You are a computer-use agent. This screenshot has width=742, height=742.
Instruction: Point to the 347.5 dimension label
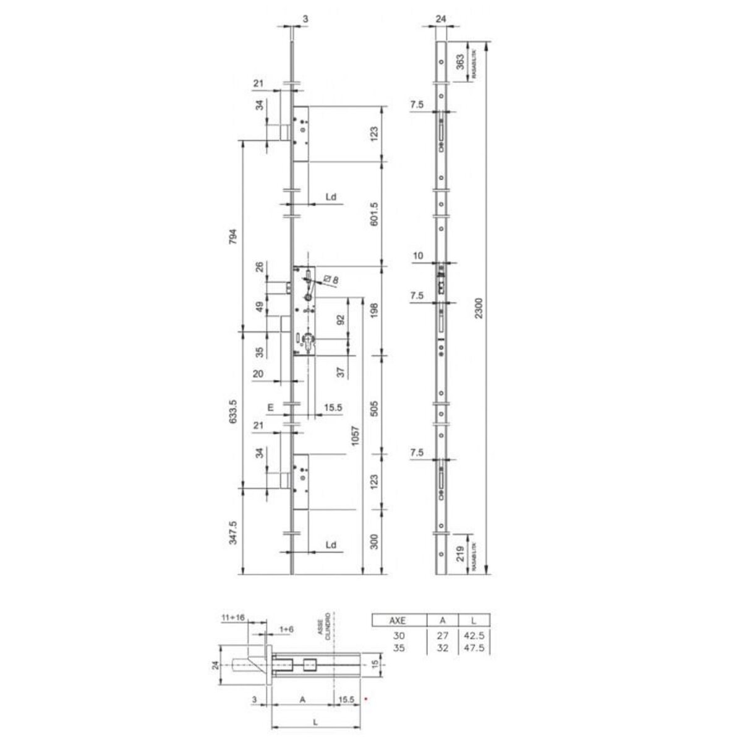point(232,532)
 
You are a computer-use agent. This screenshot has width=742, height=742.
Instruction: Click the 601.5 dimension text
point(373,214)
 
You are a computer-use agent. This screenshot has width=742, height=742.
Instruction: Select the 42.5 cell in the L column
point(473,636)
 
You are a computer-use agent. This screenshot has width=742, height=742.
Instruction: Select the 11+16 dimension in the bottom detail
point(232,617)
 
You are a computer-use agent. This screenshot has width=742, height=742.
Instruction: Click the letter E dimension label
point(270,407)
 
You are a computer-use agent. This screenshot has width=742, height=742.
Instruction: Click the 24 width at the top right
point(440,19)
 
